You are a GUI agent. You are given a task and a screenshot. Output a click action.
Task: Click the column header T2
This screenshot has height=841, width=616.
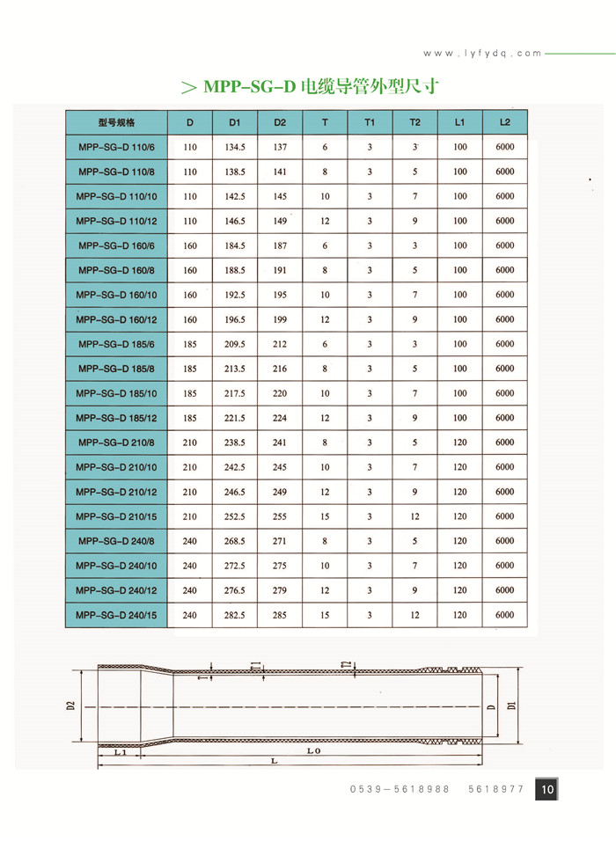tap(414, 122)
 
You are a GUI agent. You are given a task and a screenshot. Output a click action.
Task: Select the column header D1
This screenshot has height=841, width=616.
tap(235, 122)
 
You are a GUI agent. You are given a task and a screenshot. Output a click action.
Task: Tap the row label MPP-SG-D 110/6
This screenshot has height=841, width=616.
tap(115, 147)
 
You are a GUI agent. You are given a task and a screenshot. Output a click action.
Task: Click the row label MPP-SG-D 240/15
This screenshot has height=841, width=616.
tap(115, 615)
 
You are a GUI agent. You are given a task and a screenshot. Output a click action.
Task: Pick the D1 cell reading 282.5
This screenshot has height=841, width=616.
tap(235, 615)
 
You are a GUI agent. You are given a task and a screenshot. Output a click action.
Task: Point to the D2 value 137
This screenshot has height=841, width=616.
tap(280, 147)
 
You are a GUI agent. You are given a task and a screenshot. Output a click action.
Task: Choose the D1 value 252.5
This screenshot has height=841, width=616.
tap(235, 516)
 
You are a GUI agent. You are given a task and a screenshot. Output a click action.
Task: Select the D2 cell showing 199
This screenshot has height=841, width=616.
tap(280, 319)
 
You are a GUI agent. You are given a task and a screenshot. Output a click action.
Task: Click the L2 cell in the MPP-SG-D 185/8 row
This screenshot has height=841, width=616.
tap(505, 369)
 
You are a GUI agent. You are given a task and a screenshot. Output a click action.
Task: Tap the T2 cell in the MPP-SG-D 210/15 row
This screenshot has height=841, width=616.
tap(414, 516)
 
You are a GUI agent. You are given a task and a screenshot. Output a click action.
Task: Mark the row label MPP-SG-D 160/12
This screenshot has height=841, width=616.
tap(115, 319)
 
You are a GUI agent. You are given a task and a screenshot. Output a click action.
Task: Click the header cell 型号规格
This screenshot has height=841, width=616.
tap(115, 122)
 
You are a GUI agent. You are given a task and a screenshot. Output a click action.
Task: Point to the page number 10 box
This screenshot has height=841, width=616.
tap(546, 790)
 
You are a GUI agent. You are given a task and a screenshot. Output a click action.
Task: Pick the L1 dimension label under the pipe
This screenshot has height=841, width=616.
tap(121, 752)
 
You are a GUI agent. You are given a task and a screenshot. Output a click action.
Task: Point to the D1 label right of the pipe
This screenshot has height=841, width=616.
tap(510, 705)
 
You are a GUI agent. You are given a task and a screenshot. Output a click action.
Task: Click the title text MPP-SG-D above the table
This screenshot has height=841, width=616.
tap(249, 87)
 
